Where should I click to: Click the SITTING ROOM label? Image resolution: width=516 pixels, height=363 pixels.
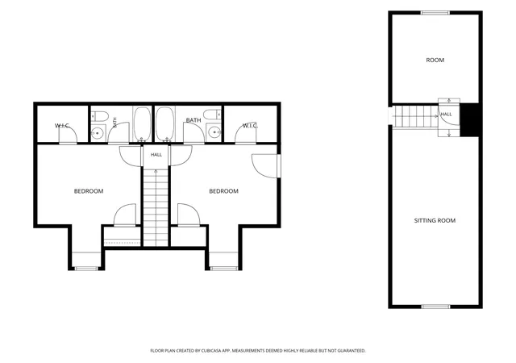point(435,221)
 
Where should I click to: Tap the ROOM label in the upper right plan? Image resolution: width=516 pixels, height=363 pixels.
point(435,60)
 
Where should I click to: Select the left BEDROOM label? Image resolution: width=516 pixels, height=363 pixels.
point(89,191)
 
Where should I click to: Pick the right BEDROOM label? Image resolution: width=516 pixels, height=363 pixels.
point(224,191)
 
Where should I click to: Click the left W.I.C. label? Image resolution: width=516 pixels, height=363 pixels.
point(62,126)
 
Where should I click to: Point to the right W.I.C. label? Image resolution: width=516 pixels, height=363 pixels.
point(250,126)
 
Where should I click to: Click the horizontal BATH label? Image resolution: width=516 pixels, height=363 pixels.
point(193,120)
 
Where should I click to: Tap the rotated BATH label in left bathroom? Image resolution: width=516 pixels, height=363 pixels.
point(114,122)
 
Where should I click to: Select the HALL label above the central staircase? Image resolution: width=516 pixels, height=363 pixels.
point(156,155)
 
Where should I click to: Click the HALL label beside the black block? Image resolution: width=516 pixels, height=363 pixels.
point(446,115)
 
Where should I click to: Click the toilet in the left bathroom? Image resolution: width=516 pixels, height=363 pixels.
point(99,116)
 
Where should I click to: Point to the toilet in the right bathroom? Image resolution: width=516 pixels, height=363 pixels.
point(212,115)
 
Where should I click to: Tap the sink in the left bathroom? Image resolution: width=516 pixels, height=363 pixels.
point(98,133)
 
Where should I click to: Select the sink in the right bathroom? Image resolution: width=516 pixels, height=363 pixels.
point(214,132)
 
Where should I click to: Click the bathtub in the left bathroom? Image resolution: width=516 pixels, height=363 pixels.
point(142,124)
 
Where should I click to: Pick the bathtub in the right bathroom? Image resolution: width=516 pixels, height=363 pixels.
point(164,124)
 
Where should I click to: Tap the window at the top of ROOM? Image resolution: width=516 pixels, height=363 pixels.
point(435,13)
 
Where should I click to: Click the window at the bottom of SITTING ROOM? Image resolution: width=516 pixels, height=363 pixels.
point(435,307)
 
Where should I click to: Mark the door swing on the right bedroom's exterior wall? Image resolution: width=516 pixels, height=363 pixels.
point(264,166)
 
